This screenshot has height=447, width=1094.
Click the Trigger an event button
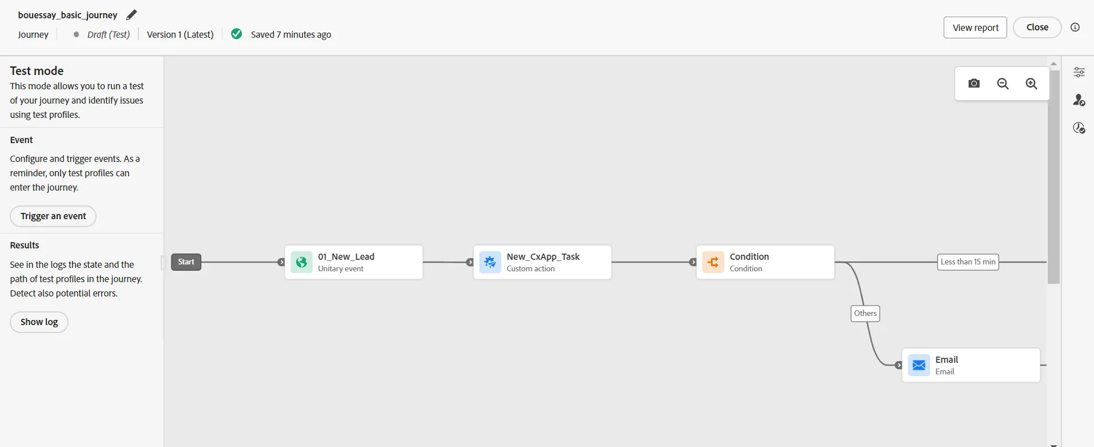pos(53,216)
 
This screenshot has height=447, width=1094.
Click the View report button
pos(975,27)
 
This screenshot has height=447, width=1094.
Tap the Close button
pos(1037,27)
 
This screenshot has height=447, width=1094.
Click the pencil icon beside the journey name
pos(131,15)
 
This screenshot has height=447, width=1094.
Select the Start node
pos(186,262)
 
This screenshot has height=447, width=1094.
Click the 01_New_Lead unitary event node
pos(354,262)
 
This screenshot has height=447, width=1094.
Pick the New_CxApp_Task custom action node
pos(542,262)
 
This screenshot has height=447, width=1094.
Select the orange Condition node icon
pos(713,262)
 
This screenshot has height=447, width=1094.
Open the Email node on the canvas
pos(971,365)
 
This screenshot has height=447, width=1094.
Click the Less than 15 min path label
pos(968,262)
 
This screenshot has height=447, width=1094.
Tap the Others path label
pos(865,314)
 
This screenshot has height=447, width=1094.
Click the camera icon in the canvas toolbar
pos(974,84)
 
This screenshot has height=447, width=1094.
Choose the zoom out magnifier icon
pos(1003,84)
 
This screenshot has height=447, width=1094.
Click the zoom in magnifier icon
pos(1031,84)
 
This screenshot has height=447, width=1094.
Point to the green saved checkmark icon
pos(237,34)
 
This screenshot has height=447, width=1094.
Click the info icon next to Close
pos(1075,27)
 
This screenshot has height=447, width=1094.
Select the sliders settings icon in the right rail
pos(1079,72)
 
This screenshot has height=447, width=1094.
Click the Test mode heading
pos(37,71)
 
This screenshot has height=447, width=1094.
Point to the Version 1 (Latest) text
pos(180,34)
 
